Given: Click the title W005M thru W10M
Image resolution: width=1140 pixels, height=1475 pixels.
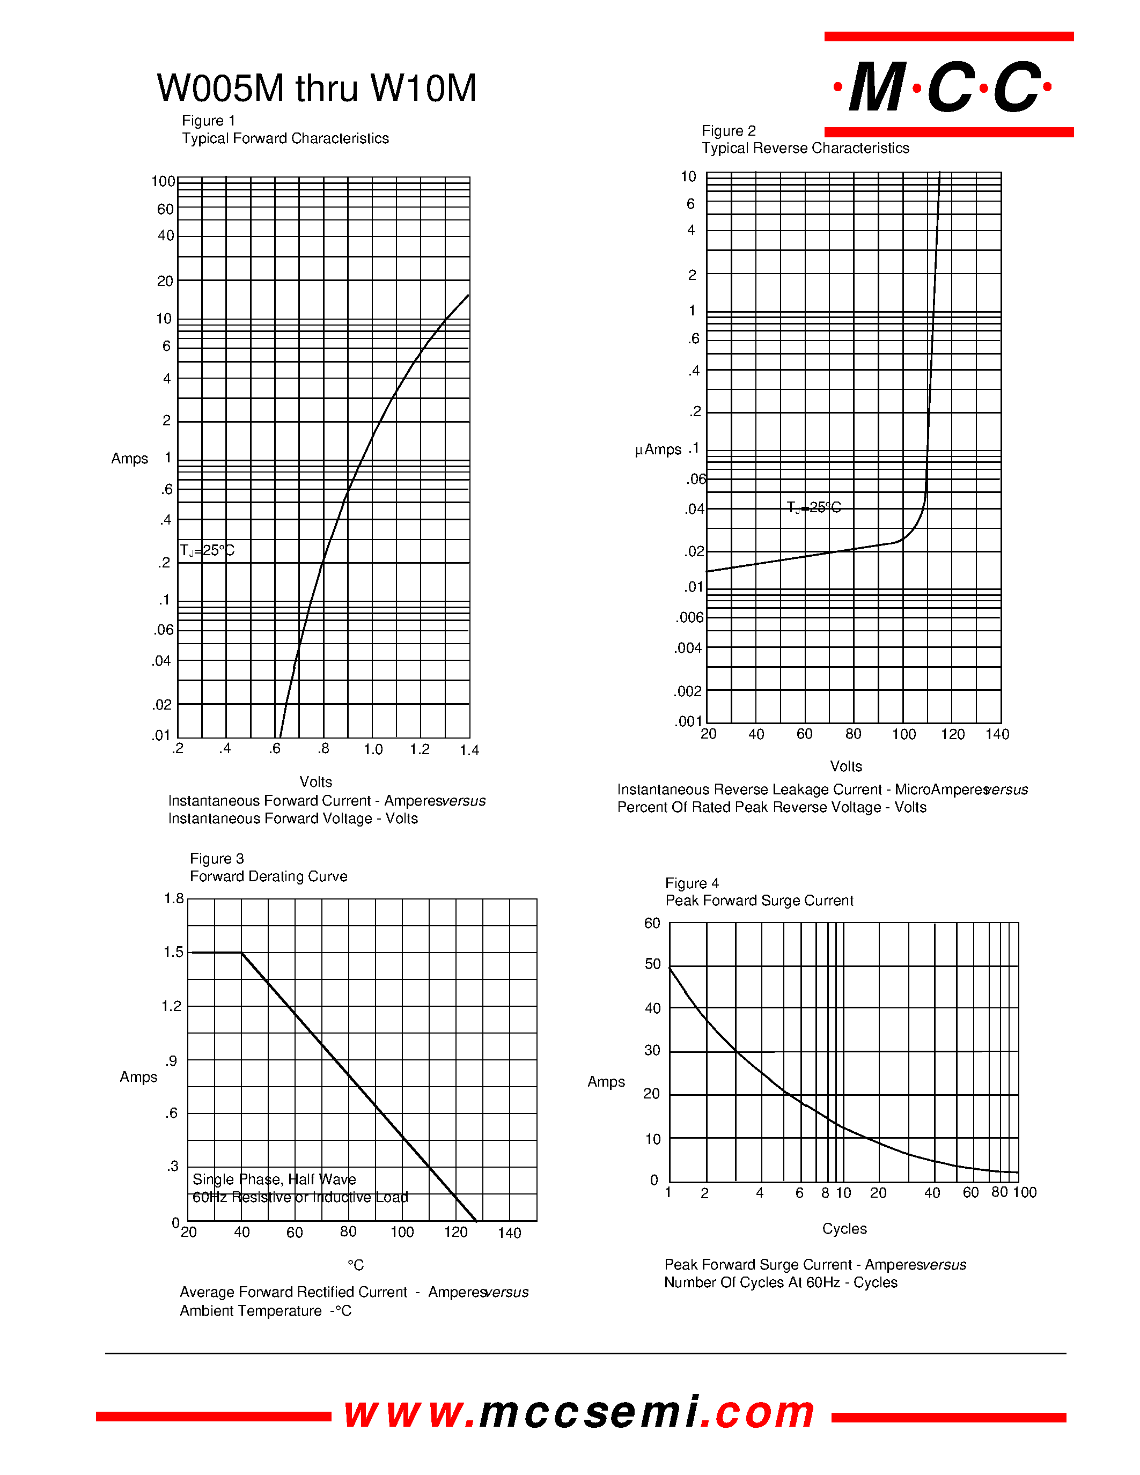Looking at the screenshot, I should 316,88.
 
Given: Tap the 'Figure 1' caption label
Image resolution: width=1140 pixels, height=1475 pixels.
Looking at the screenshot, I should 208,120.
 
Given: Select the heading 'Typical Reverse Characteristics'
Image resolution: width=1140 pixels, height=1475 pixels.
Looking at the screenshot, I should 805,148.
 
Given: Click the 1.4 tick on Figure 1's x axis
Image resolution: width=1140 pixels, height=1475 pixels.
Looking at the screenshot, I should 469,750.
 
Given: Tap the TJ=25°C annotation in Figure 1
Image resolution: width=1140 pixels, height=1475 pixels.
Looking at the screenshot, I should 207,550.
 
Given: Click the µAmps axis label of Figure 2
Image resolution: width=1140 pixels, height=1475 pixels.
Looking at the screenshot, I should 658,450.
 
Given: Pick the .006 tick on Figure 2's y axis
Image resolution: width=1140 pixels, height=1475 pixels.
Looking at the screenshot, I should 689,617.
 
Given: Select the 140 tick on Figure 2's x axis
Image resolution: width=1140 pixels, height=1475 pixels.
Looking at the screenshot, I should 997,734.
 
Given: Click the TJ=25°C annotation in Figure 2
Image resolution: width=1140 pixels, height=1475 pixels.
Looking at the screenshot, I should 814,507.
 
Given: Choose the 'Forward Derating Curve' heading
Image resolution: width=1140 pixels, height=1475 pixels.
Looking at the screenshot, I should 268,876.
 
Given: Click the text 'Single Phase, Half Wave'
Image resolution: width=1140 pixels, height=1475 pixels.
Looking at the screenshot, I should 274,1179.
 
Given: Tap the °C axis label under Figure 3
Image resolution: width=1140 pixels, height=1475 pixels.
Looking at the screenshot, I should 355,1264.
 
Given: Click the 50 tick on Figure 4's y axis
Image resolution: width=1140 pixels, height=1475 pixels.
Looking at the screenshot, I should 652,964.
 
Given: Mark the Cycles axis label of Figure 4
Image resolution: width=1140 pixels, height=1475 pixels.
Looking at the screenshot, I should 844,1228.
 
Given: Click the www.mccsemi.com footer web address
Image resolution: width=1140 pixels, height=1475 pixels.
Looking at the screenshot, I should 579,1413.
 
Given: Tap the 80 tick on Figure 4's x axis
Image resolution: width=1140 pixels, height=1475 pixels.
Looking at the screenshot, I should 999,1192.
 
